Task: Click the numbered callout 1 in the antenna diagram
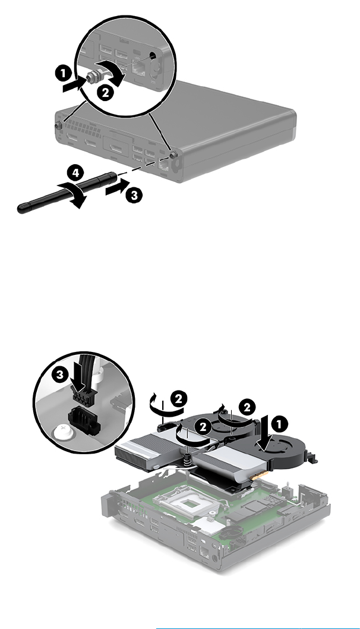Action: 63,74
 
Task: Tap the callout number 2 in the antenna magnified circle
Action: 105,93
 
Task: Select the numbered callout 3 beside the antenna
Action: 134,196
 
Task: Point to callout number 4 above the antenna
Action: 75,173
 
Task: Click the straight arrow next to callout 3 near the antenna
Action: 118,187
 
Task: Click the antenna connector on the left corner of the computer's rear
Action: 58,125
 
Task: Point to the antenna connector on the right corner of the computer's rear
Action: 173,155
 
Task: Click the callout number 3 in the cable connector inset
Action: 60,375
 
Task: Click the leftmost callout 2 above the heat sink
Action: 178,399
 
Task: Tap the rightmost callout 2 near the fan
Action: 247,408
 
